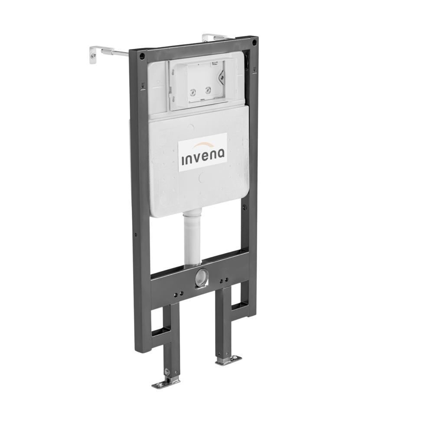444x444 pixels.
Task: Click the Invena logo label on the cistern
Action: [202, 152]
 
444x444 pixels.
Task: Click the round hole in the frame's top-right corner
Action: [254, 43]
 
